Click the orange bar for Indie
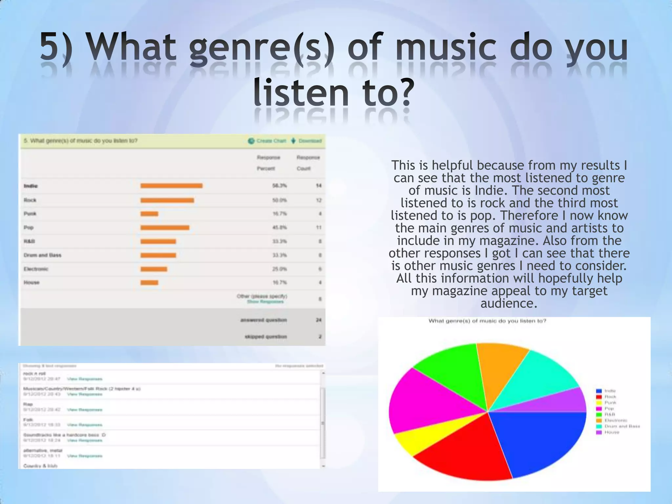tap(171, 186)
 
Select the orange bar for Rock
tap(167, 200)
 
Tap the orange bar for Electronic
tap(154, 269)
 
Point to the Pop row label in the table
tap(29, 227)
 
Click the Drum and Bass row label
tap(42, 255)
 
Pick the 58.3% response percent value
tap(279, 186)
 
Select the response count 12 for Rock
tap(319, 200)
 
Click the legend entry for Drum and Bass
tap(622, 426)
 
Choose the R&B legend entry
tap(610, 414)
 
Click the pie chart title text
tap(487, 321)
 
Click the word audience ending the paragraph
tap(509, 303)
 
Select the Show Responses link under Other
tap(265, 302)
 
